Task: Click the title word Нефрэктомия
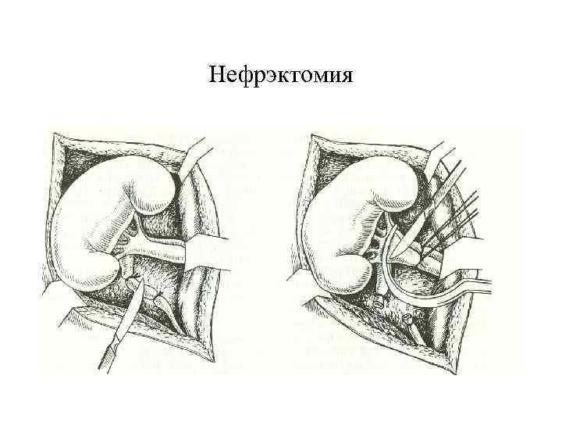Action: pyautogui.click(x=281, y=76)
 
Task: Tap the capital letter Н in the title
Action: pyautogui.click(x=216, y=76)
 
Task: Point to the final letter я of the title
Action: pyautogui.click(x=347, y=77)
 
